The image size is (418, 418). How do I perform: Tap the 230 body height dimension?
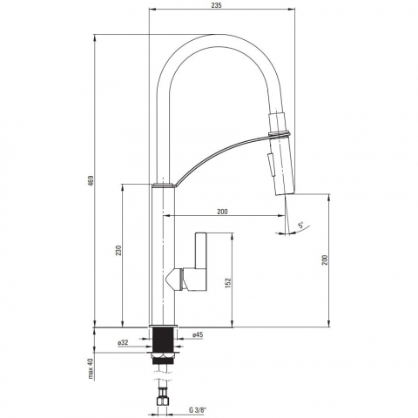[118, 251]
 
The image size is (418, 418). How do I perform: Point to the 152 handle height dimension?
[228, 283]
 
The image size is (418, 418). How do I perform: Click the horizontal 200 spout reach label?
[222, 212]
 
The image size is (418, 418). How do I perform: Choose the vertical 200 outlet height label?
[325, 260]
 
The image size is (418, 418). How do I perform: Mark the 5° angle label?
[300, 225]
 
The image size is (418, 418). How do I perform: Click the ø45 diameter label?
[198, 334]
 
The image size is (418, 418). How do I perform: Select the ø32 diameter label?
[123, 342]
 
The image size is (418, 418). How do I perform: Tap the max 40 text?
[91, 368]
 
